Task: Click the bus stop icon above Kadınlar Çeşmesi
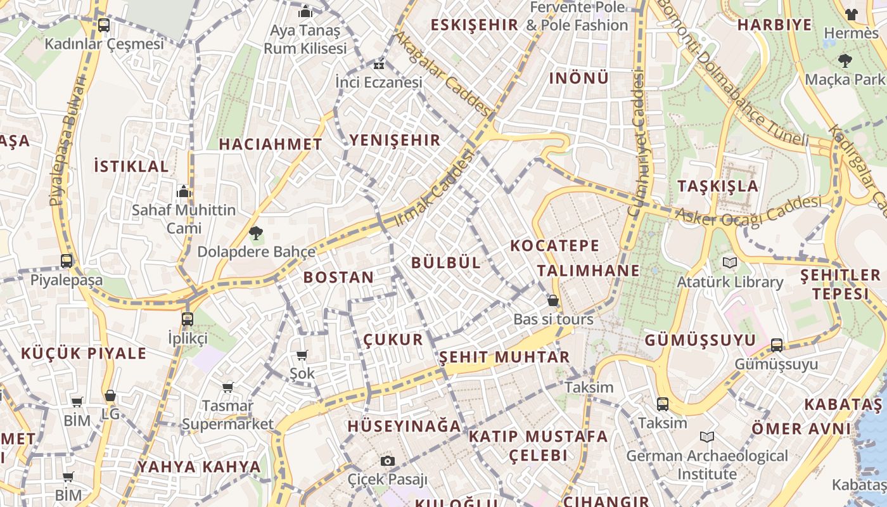coord(104,25)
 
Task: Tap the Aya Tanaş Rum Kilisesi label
coord(305,39)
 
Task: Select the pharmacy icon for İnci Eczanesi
coord(379,65)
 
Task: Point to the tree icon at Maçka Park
coord(845,61)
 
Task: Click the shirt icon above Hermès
coord(852,14)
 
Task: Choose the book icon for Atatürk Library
coord(730,262)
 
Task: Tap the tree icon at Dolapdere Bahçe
coord(256,233)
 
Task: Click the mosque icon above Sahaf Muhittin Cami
coord(184,191)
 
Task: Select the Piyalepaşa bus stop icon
coord(67,260)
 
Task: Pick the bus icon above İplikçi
coord(188,319)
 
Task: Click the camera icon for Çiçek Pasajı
coord(388,461)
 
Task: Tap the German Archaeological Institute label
coord(707,465)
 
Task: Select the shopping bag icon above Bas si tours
coord(553,300)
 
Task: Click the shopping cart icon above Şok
coord(302,355)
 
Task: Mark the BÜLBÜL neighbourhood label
coord(446,262)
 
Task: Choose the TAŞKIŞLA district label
coord(718,186)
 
